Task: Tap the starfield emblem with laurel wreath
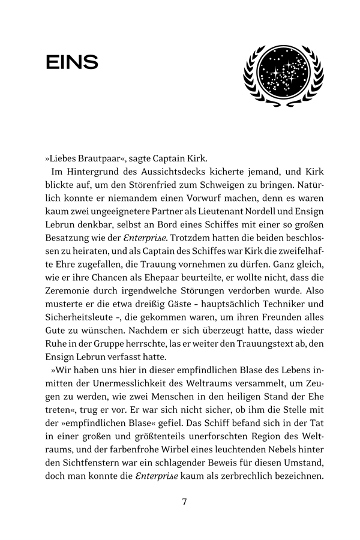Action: coord(283,74)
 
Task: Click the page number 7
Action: coord(185,502)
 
